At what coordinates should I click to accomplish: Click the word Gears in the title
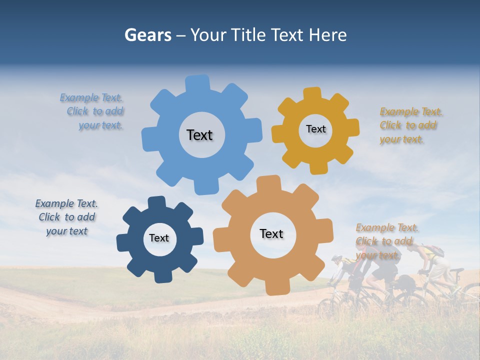(x=147, y=35)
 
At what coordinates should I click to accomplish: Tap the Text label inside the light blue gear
(x=199, y=135)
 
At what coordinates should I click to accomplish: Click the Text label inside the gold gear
(x=315, y=129)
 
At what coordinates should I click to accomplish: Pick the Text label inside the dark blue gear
(x=159, y=238)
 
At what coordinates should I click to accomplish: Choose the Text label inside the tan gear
(x=271, y=233)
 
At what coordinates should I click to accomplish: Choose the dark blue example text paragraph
(x=66, y=217)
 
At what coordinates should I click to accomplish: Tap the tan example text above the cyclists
(x=385, y=241)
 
